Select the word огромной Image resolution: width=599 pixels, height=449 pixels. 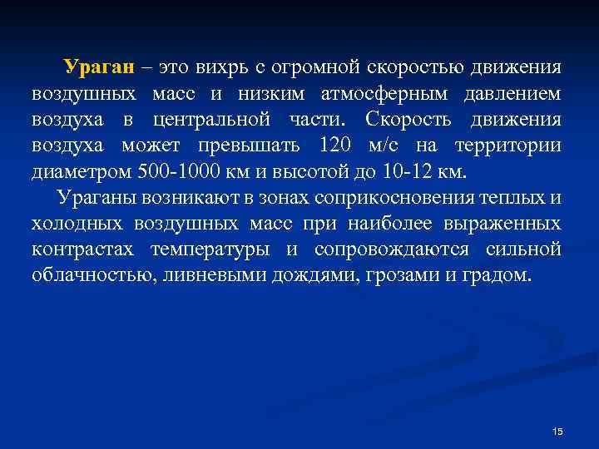pos(349,67)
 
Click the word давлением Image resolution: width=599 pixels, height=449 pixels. pos(509,94)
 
